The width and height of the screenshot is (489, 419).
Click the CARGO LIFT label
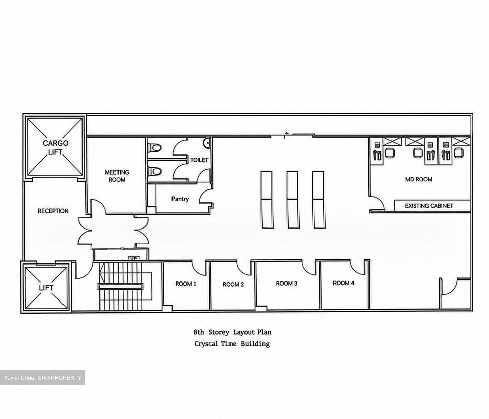point(55,148)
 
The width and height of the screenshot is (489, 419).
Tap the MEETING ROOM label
point(117,176)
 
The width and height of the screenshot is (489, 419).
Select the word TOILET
point(199,160)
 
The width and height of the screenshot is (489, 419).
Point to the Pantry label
point(180,199)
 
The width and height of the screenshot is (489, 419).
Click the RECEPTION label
point(53,211)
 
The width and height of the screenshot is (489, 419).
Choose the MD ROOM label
point(419,179)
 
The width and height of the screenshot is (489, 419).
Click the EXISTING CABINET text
point(429,206)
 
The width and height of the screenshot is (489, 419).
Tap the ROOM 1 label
point(186,284)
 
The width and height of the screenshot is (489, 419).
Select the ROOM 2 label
point(233,285)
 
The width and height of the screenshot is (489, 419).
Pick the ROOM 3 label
point(287,283)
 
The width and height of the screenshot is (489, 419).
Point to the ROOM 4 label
point(344,283)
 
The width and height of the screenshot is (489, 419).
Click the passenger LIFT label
point(46,288)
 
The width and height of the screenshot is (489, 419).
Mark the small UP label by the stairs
point(134,258)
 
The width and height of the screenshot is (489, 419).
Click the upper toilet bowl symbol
point(155,148)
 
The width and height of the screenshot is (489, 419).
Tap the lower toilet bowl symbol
point(155,171)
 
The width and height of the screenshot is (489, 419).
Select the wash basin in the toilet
point(207,143)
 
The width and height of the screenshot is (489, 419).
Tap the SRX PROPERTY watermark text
point(60,378)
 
